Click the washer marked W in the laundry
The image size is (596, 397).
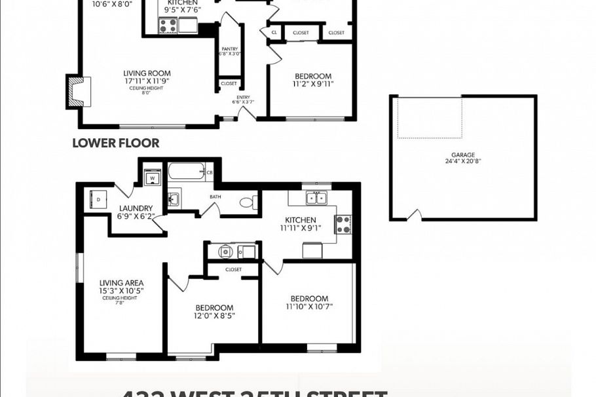pos(152,177)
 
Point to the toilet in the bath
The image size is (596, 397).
pos(248,202)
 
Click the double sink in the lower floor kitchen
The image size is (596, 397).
pos(317,197)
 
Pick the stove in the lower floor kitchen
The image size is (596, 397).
pos(343,224)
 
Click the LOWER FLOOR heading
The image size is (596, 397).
pos(115,142)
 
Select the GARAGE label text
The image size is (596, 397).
pos(462,155)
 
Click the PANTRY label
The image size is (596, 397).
pos(229,48)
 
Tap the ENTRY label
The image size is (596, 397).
pos(243,96)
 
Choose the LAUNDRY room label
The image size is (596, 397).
pos(136,208)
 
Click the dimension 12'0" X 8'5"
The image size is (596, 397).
pos(214,315)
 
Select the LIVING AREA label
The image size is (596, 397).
pos(122,283)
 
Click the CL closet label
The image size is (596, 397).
pos(274,32)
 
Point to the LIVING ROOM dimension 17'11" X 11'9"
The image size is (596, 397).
pos(147,81)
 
